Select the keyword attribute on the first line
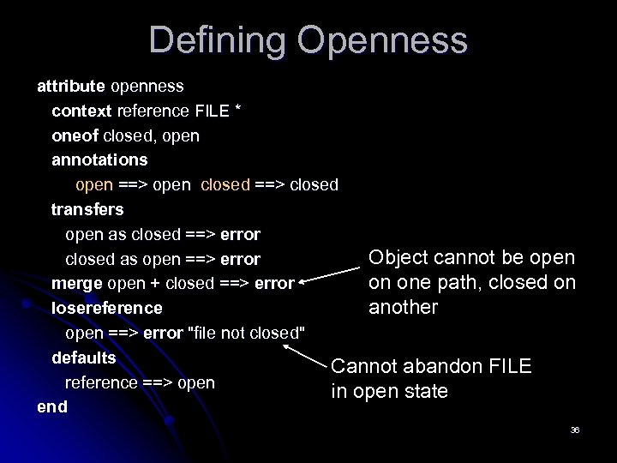click(x=70, y=86)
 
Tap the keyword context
click(x=81, y=111)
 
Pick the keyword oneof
click(x=75, y=135)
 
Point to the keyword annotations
click(x=99, y=159)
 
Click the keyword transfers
click(x=87, y=208)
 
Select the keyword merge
click(x=74, y=282)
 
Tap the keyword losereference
click(x=106, y=307)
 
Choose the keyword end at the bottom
click(x=51, y=406)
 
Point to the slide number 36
click(x=575, y=428)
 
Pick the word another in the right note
click(x=403, y=307)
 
